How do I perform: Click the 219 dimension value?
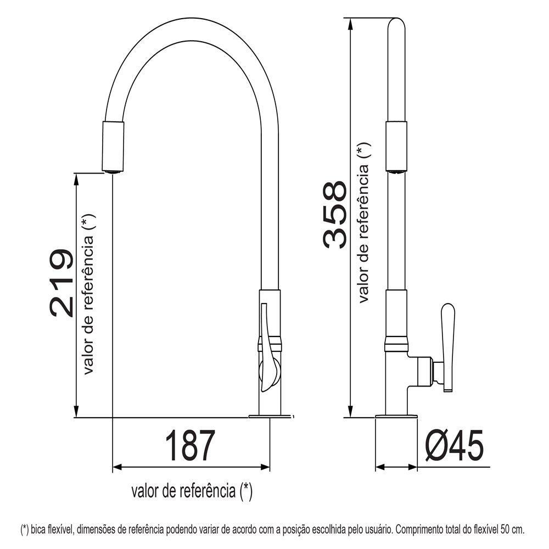click(x=61, y=283)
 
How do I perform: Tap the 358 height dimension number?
click(x=335, y=215)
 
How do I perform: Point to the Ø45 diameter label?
click(x=454, y=445)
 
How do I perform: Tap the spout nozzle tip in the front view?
click(x=113, y=171)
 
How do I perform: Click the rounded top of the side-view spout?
click(x=396, y=25)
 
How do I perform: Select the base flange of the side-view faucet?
click(x=396, y=416)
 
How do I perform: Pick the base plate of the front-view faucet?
click(x=270, y=416)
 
